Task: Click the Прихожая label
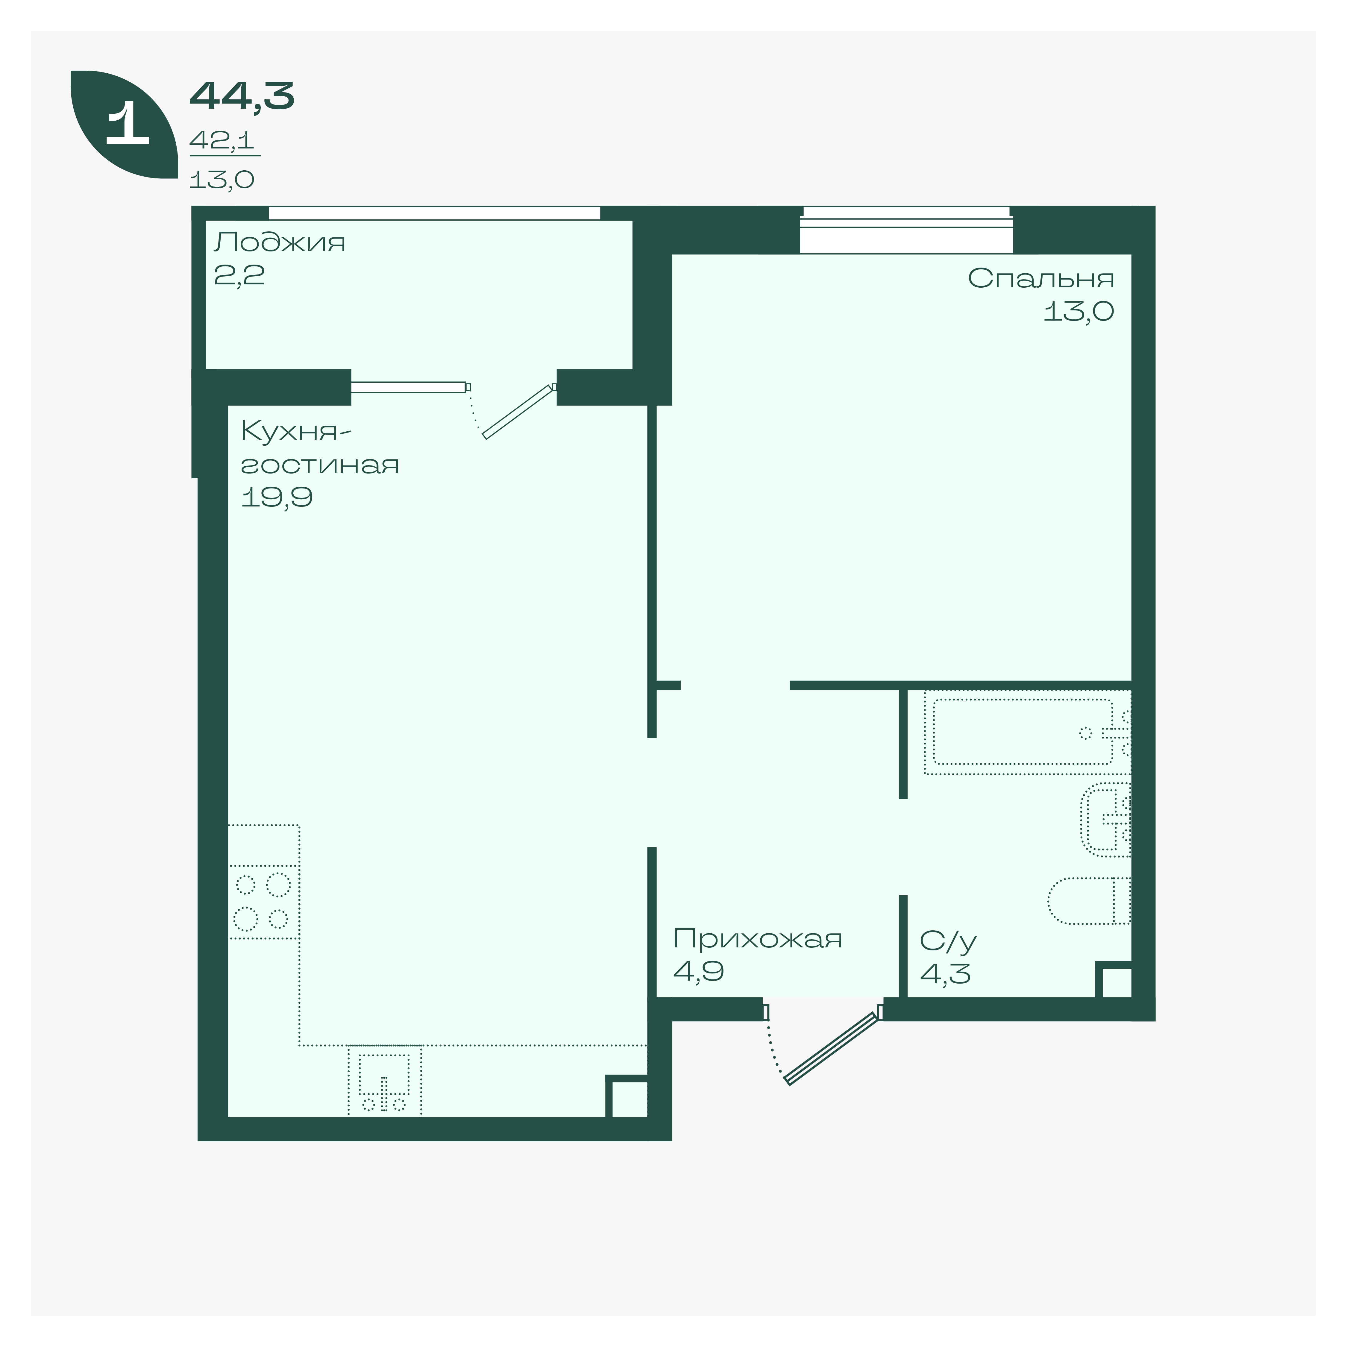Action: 758,939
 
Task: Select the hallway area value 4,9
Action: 699,971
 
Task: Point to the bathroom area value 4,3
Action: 945,973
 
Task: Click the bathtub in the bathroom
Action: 1027,732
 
